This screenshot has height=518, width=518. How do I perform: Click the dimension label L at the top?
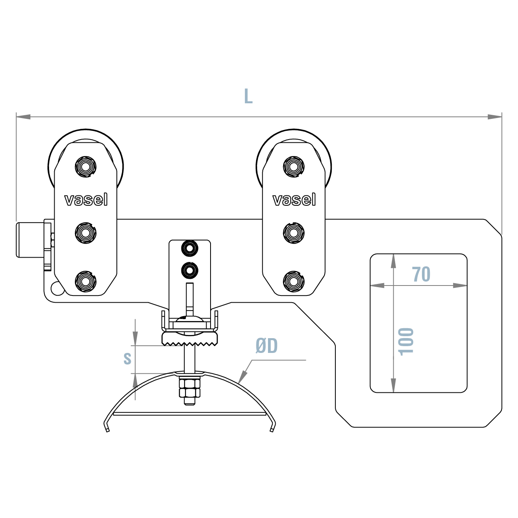coord(248,96)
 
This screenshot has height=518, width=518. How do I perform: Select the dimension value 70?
coord(421,274)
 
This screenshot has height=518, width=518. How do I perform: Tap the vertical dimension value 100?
coord(406,341)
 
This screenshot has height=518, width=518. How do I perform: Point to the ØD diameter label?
coord(266,346)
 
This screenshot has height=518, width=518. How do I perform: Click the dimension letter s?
coord(127,358)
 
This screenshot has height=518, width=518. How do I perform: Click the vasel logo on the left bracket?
coord(86,199)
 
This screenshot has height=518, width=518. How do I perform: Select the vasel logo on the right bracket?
coord(294,199)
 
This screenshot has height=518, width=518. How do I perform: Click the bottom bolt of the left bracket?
coord(86,282)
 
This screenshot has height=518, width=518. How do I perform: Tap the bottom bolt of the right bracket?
coord(294,282)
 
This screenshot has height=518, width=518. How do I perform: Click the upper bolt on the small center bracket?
coord(189,248)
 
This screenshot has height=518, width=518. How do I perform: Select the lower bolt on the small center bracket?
coord(189,270)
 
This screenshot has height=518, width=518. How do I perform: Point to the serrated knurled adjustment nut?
coord(190,340)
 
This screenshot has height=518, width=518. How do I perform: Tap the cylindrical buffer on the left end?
coord(29,240)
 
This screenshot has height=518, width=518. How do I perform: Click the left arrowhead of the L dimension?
coord(23,117)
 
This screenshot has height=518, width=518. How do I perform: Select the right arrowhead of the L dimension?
coord(495,117)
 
